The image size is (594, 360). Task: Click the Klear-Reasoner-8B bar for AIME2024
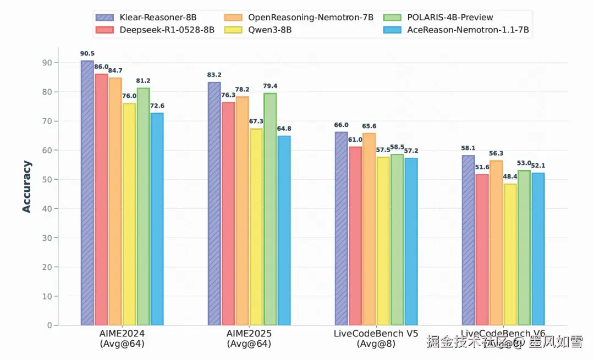coord(87,192)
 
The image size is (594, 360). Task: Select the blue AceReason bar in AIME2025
coord(284,230)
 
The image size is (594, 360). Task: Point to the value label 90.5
coord(87,53)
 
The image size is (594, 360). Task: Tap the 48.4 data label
coord(510,176)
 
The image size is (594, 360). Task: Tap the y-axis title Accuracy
coord(26,187)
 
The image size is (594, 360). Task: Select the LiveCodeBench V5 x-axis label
coord(376,334)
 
